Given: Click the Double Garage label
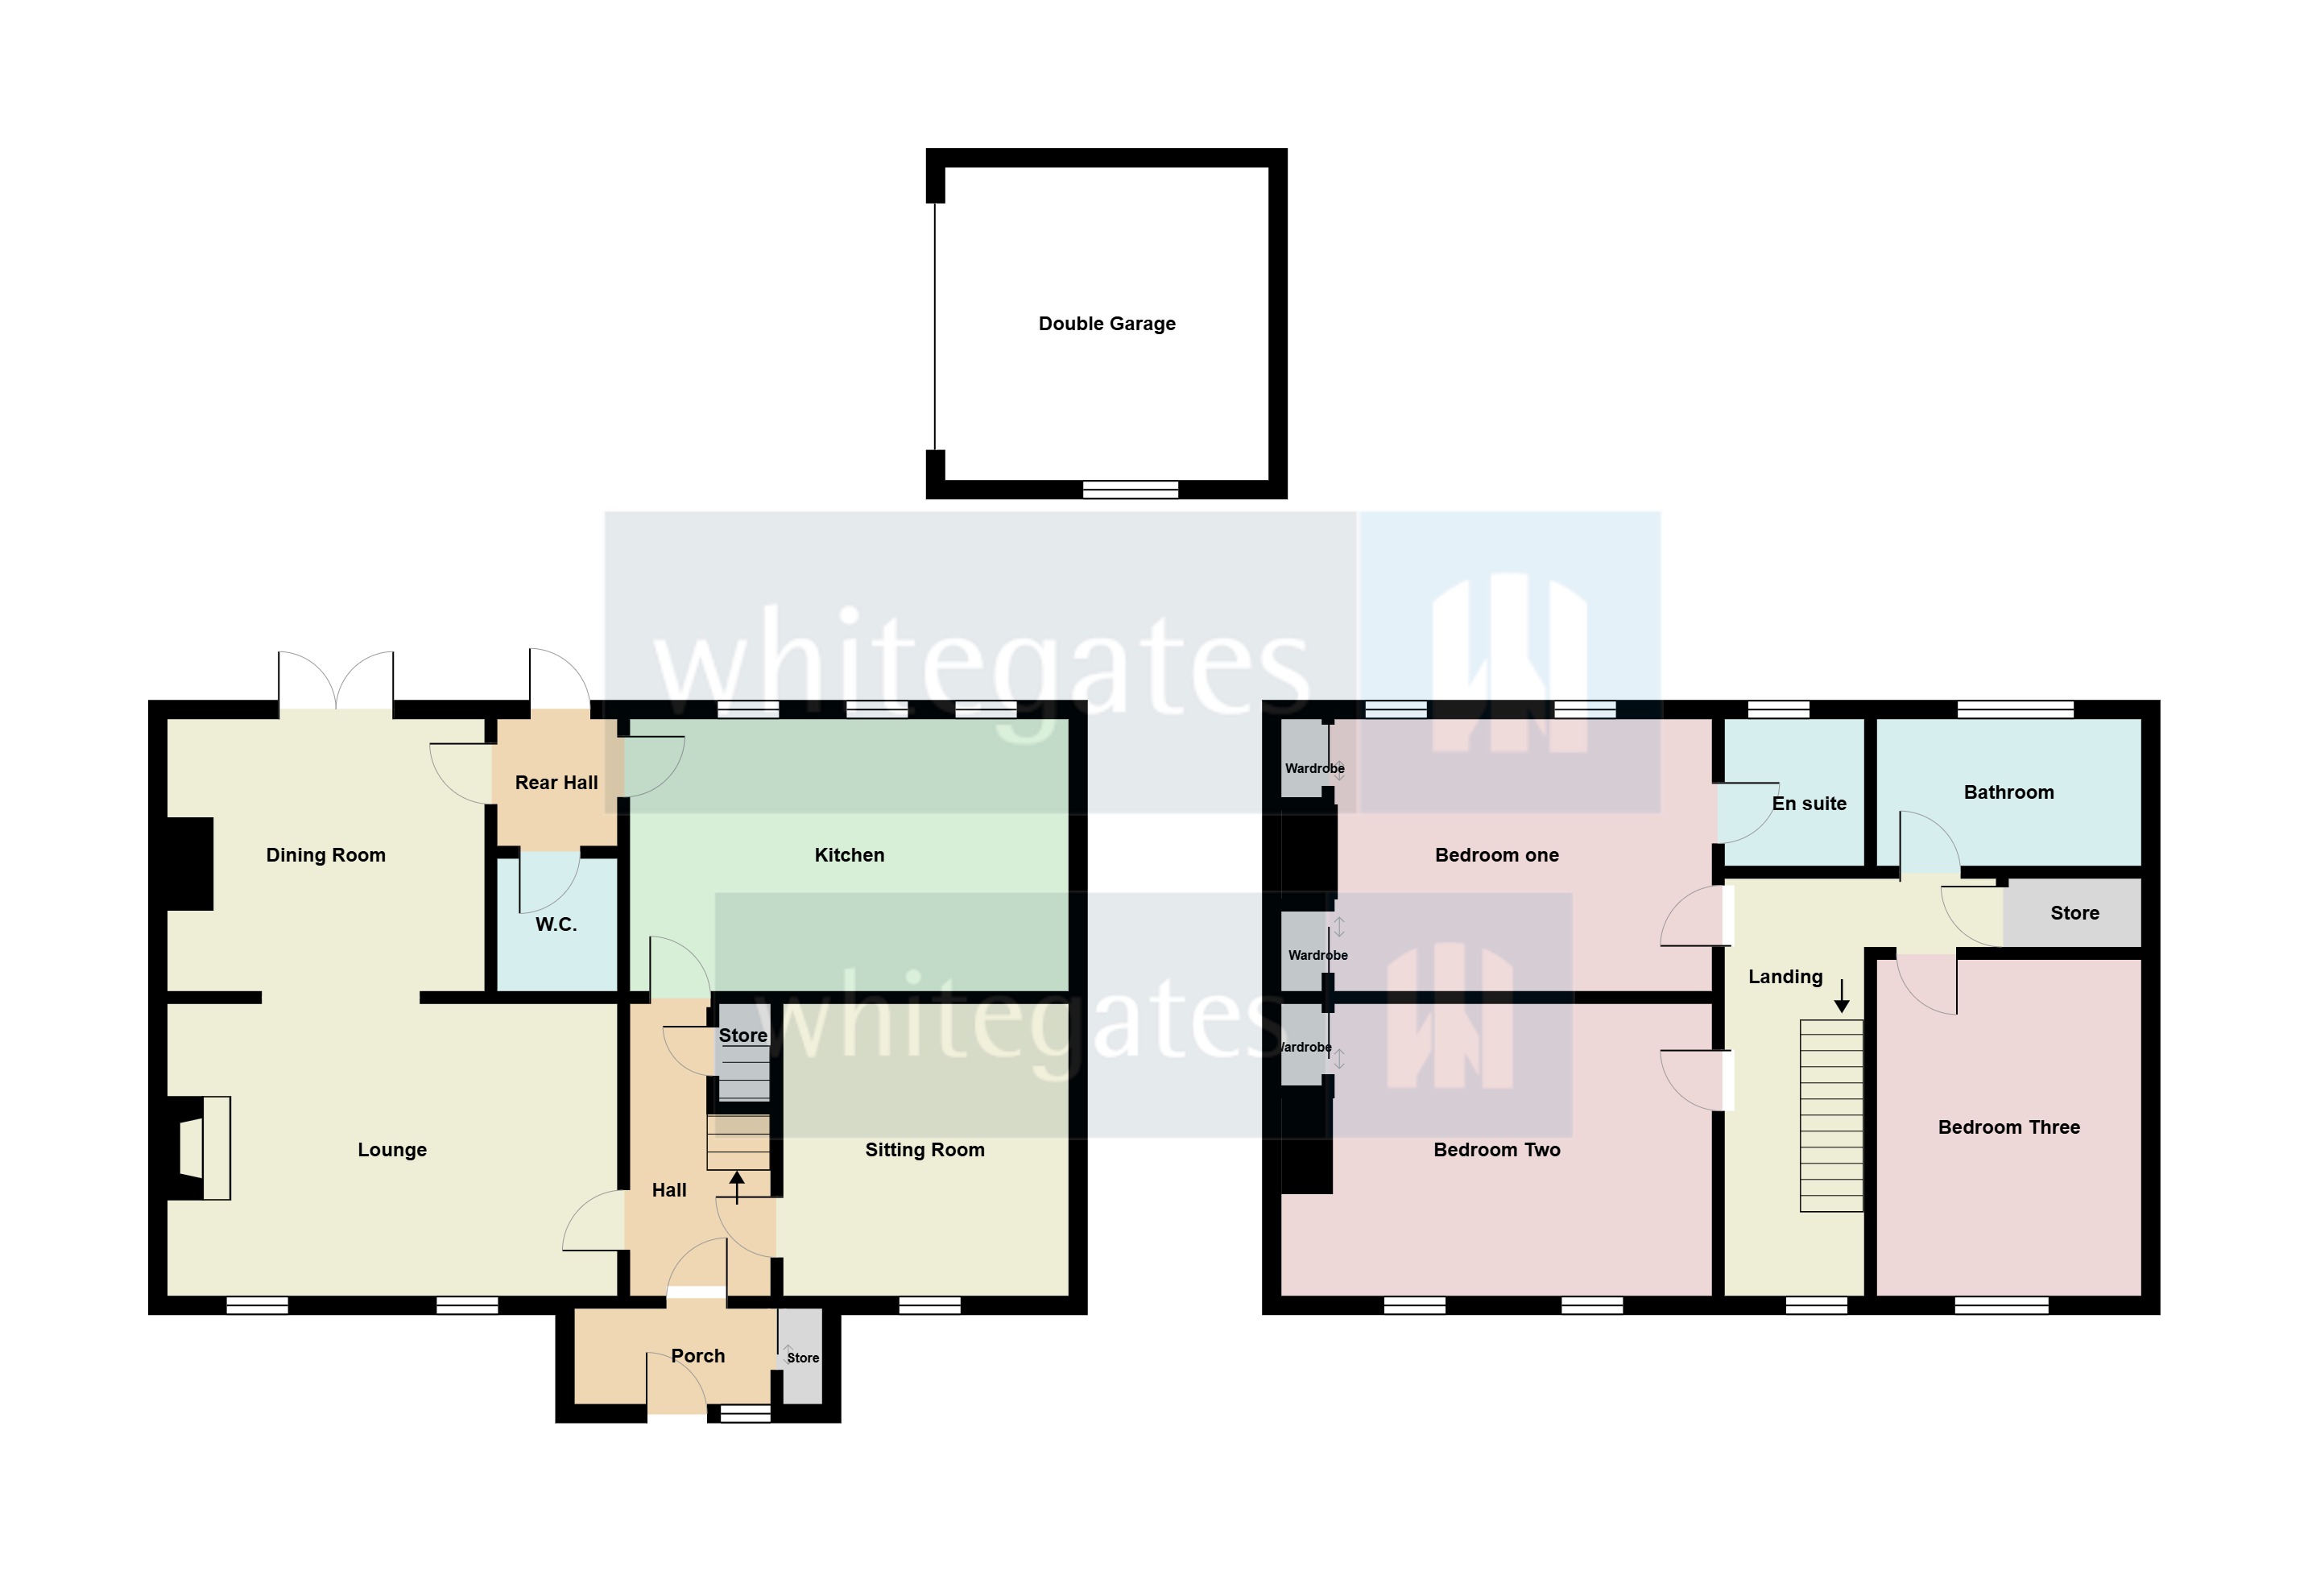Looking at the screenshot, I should click(x=1106, y=324).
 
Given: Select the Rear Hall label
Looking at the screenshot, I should click(x=556, y=783).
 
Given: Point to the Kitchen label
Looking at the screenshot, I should click(x=849, y=855).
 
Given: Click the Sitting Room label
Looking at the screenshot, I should click(x=924, y=1150).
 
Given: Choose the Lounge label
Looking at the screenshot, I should click(x=392, y=1150).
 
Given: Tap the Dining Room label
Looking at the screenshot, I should click(x=325, y=855).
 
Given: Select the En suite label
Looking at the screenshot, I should click(x=1810, y=804).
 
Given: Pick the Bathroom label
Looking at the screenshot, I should click(x=2009, y=792).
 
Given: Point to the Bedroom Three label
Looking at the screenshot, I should click(x=2009, y=1127).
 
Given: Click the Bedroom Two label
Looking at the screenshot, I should click(x=1496, y=1150).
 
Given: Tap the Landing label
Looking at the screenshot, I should click(x=1785, y=978).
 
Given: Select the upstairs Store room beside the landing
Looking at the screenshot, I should click(x=2074, y=912).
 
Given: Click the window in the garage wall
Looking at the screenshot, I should click(x=1130, y=489).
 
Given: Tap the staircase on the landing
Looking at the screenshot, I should click(x=1831, y=1115).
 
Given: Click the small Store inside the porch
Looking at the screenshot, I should click(x=801, y=1358).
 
